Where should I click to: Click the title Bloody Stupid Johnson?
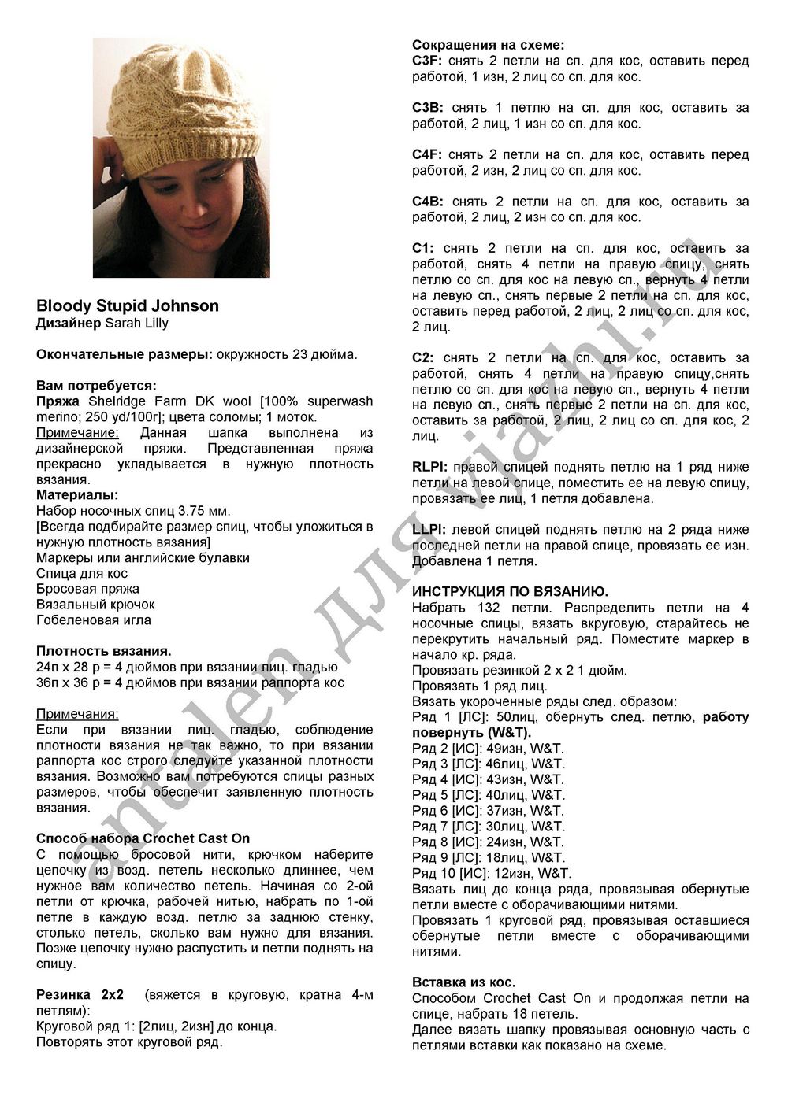(128, 305)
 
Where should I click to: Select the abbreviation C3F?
(427, 61)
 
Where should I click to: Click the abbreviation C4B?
(427, 202)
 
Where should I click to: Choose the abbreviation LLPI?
(429, 530)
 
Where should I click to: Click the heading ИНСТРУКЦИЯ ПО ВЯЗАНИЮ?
(510, 591)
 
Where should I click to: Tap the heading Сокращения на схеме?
(488, 45)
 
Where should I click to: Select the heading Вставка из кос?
(464, 982)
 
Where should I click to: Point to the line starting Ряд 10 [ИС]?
(492, 873)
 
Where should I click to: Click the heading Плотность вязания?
(104, 651)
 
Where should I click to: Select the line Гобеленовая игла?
(94, 620)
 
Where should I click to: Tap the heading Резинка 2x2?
(80, 994)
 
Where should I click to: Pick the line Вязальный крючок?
(95, 604)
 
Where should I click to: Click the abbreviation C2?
(424, 358)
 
